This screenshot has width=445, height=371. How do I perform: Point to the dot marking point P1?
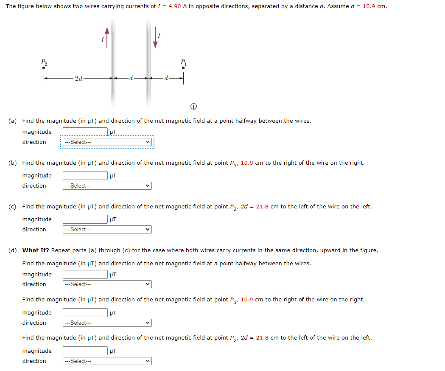(x=183, y=67)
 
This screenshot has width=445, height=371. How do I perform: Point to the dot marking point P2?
(x=44, y=67)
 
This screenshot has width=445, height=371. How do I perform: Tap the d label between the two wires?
(x=131, y=78)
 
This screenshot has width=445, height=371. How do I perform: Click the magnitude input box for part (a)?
(x=85, y=132)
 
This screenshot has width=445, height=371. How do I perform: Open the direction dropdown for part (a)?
(x=107, y=142)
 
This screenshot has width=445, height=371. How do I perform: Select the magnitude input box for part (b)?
(x=85, y=176)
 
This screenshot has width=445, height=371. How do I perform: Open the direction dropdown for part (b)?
(x=107, y=186)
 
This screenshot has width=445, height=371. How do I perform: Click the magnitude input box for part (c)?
(x=85, y=219)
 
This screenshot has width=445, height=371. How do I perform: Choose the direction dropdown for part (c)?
(x=107, y=230)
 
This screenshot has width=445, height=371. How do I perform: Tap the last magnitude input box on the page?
(x=85, y=351)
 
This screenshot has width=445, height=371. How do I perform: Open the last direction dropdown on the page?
(x=107, y=361)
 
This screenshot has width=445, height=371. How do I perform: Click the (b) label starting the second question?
(x=13, y=163)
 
